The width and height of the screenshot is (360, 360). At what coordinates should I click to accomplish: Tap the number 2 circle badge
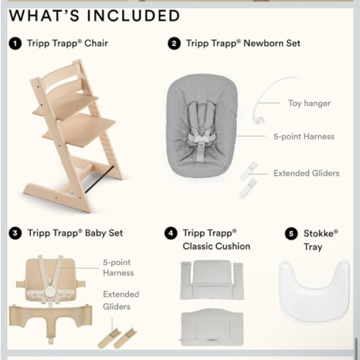point(174,43)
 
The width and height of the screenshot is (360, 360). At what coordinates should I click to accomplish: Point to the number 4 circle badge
point(170,233)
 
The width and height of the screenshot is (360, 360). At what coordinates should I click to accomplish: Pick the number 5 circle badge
point(290,233)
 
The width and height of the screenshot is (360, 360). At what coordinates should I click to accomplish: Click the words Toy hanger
point(309,103)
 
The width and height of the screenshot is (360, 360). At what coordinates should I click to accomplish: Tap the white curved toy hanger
point(257,94)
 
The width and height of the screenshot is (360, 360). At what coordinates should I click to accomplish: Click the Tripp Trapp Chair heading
point(68,43)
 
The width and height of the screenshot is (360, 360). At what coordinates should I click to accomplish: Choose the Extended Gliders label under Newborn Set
point(306,173)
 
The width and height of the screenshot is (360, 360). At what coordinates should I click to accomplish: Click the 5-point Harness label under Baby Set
point(118,268)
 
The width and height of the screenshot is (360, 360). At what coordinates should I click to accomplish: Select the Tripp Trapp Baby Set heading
point(75,233)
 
